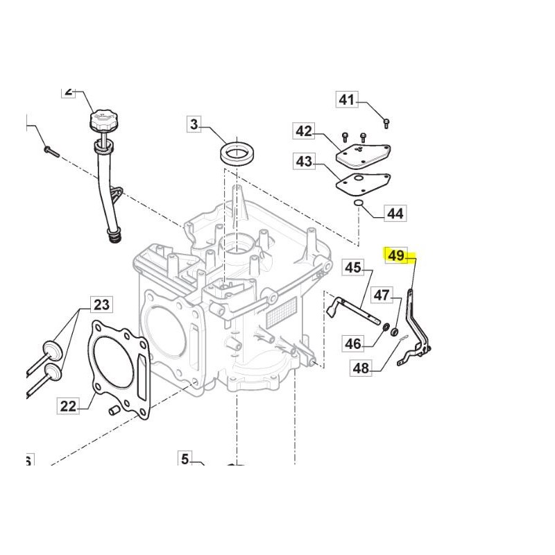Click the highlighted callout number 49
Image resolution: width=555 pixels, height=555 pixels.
click(396, 256)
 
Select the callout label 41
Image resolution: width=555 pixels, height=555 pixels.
click(346, 101)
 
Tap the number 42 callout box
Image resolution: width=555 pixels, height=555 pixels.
click(304, 130)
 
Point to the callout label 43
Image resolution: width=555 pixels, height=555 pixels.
click(304, 162)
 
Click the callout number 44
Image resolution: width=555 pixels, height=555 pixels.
click(394, 214)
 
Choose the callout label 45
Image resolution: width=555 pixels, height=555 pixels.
click(354, 267)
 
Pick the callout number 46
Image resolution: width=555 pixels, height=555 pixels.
click(354, 343)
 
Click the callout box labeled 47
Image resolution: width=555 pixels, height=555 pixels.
click(382, 295)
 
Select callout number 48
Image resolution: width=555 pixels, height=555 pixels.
click(361, 368)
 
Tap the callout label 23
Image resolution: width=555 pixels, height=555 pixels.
click(102, 304)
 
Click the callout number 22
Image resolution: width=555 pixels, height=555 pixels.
click(68, 406)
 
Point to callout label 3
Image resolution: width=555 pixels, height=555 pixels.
click(194, 126)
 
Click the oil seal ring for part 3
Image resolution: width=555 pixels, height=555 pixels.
click(237, 152)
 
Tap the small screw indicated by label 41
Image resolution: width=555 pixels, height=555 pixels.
click(386, 123)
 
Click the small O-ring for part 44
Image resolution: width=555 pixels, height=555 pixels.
click(357, 203)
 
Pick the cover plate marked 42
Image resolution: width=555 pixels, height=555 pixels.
click(363, 153)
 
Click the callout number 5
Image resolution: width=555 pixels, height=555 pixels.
click(185, 459)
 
